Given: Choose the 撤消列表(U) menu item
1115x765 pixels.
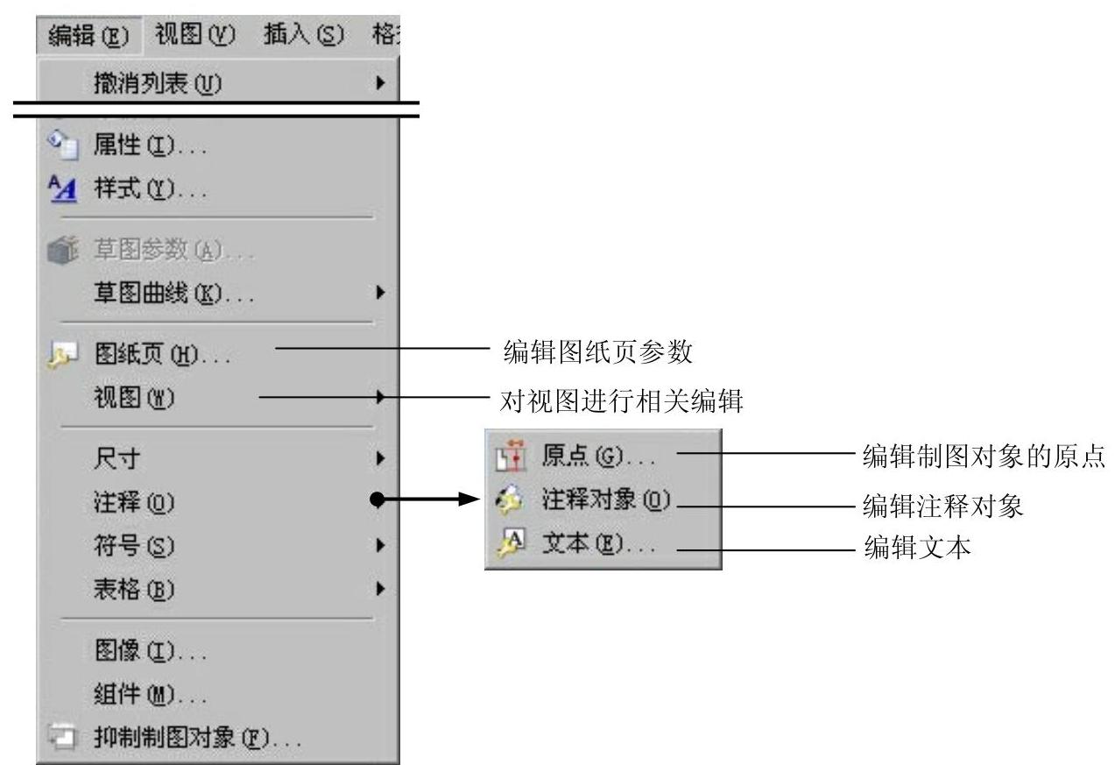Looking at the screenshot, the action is point(158,83).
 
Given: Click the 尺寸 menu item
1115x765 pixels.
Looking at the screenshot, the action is point(116,457).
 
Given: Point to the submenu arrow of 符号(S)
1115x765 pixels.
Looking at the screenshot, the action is point(379,545).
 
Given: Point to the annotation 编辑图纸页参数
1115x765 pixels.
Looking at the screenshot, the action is point(598,353).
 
